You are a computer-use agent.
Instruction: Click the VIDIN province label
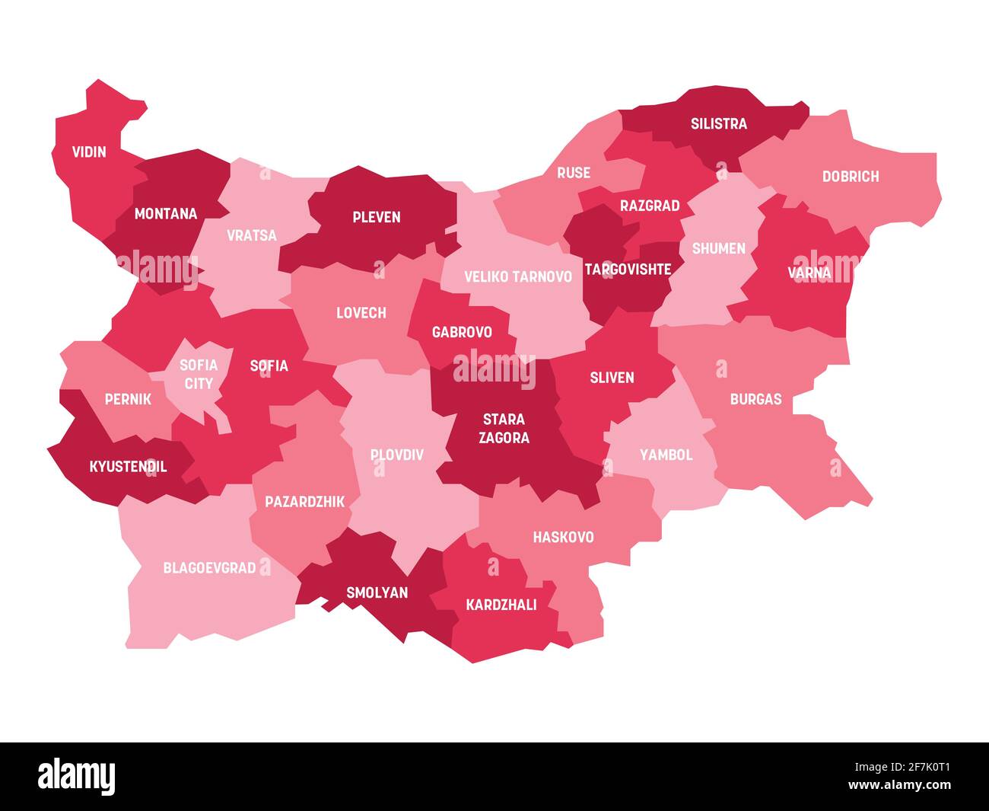[x=89, y=152]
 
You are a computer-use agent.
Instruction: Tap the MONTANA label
[x=165, y=214]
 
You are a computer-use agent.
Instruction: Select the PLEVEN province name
[x=376, y=217]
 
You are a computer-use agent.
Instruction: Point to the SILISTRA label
[x=718, y=123]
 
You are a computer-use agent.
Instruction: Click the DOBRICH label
[x=850, y=177]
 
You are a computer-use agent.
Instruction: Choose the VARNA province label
[x=809, y=272]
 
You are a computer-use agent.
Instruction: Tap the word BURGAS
[x=755, y=399]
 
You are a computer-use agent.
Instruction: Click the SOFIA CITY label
[x=199, y=374]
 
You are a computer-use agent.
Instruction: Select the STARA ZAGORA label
[x=504, y=428]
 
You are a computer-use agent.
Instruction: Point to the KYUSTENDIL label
[x=128, y=467]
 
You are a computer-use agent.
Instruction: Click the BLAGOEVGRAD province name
[x=209, y=567]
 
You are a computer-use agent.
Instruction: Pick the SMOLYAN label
[x=377, y=592]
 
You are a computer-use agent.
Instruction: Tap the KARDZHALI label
[x=501, y=605]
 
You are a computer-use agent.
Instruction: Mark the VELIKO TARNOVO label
[x=517, y=276]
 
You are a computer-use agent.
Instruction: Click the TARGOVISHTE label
[x=628, y=269]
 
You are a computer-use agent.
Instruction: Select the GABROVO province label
[x=462, y=332]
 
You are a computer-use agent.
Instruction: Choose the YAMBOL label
[x=666, y=455]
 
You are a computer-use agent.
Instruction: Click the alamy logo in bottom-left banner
[x=77, y=776]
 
